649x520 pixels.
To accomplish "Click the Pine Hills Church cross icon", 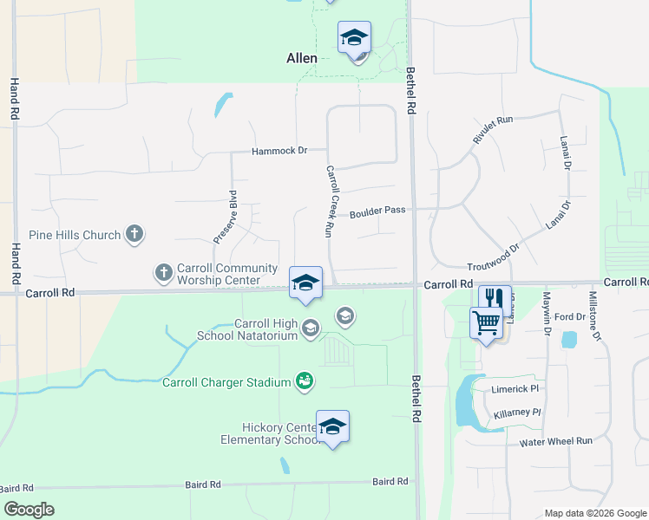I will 134,233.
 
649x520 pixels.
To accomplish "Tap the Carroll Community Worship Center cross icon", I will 163,274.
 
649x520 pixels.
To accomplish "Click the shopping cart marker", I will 486,323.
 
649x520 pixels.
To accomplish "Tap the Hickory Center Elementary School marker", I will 332,427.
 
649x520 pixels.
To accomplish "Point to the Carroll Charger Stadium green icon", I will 304,380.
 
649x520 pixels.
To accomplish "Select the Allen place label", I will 301,58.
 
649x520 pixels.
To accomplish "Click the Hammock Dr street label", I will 279,151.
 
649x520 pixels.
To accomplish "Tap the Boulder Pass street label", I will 377,211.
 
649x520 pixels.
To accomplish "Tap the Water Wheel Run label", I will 555,441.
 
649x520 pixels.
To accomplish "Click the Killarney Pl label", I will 517,413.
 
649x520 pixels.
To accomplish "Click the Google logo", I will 29,510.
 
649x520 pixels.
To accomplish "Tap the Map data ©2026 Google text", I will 594,512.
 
